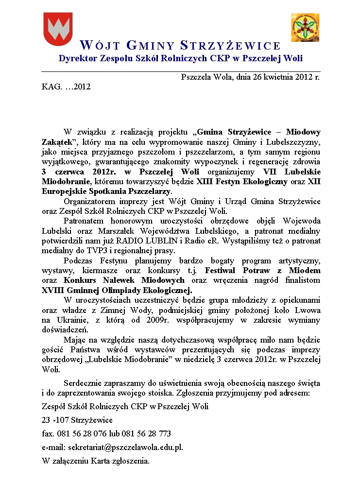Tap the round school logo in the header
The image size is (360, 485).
305,28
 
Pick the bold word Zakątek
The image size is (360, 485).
57,142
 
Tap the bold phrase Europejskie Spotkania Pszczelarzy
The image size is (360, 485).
106,191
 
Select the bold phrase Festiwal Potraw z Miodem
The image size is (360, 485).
263,270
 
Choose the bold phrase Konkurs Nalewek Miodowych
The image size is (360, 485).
124,280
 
